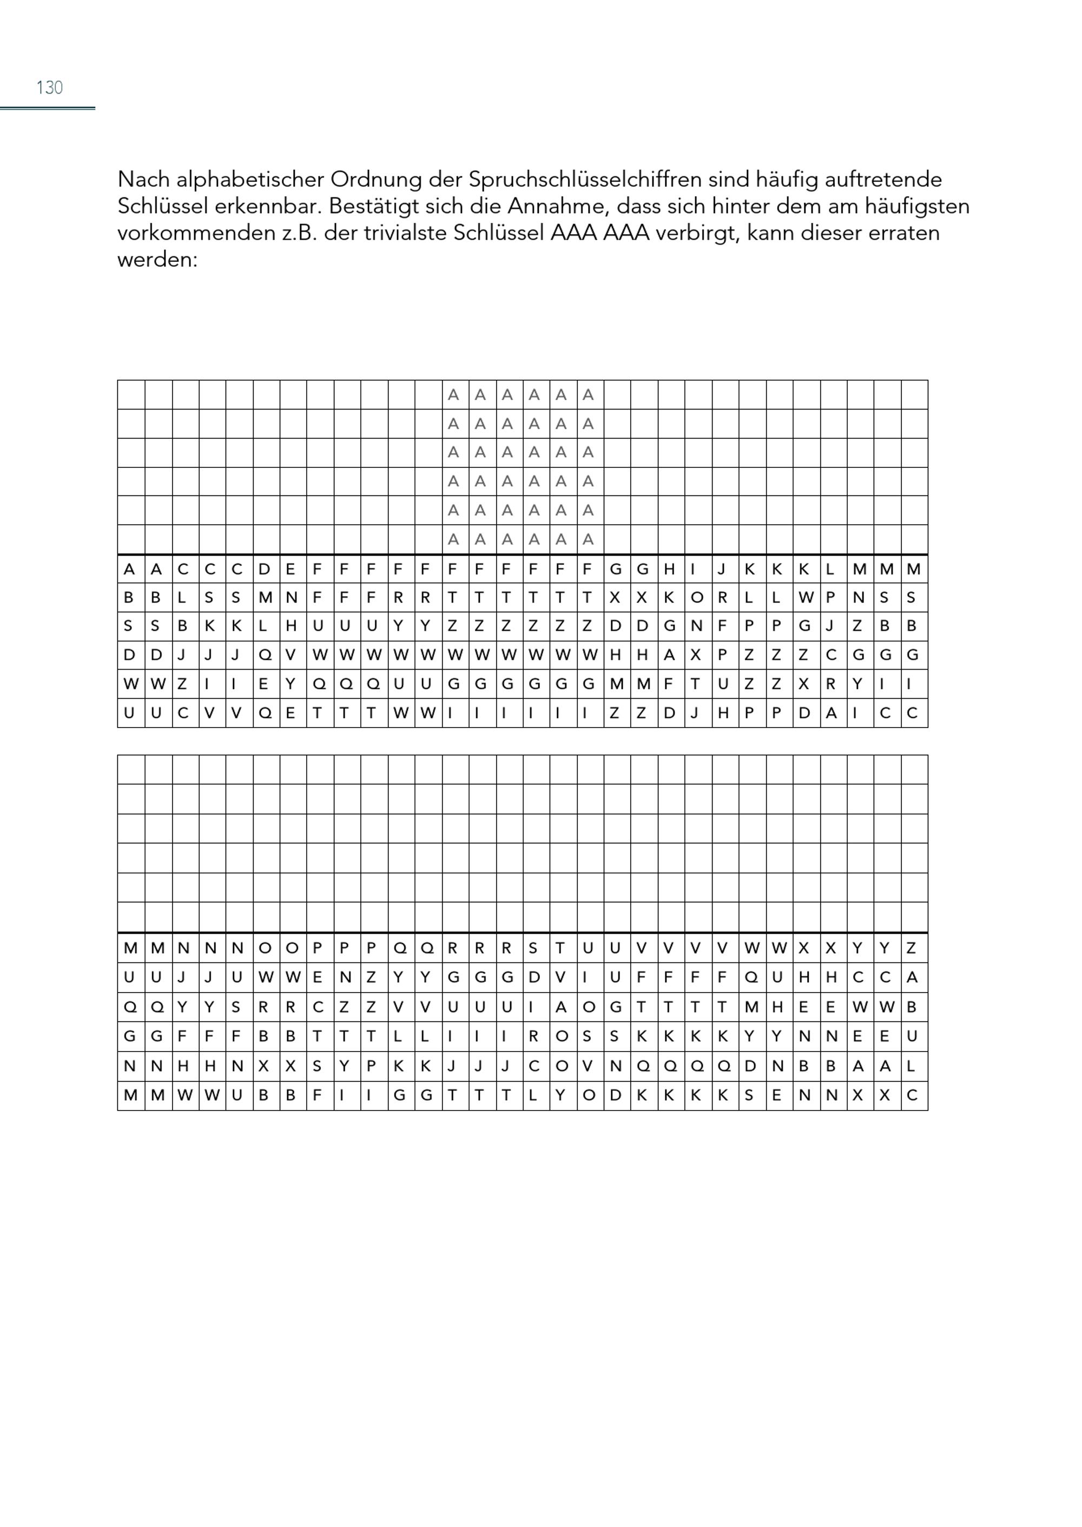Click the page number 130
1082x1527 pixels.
(x=49, y=87)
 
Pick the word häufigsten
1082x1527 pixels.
(x=916, y=206)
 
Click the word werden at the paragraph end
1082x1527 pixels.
(x=157, y=260)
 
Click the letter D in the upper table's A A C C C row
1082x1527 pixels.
(x=265, y=570)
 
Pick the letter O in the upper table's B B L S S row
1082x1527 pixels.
(x=697, y=598)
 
